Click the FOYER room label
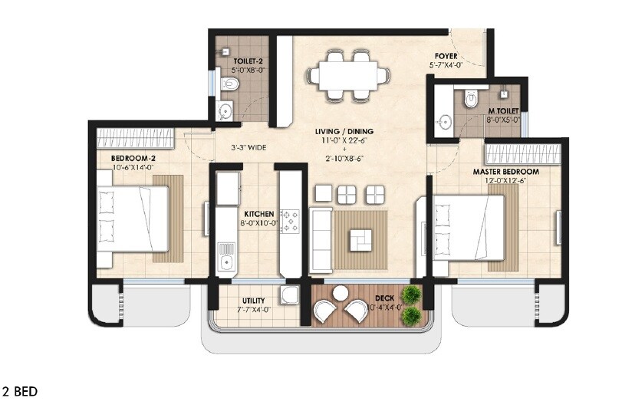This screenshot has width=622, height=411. pos(446,56)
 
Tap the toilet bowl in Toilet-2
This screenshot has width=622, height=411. pos(233,83)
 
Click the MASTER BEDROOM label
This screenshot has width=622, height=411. pos(505,171)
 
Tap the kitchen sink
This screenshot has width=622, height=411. pos(226,258)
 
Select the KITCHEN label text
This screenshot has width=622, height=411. pos(259,214)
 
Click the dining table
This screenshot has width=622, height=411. pos(344,75)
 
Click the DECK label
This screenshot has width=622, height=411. pos(385,298)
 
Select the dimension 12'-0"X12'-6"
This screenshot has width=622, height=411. pos(505,182)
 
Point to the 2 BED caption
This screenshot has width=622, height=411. pos(20,391)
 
